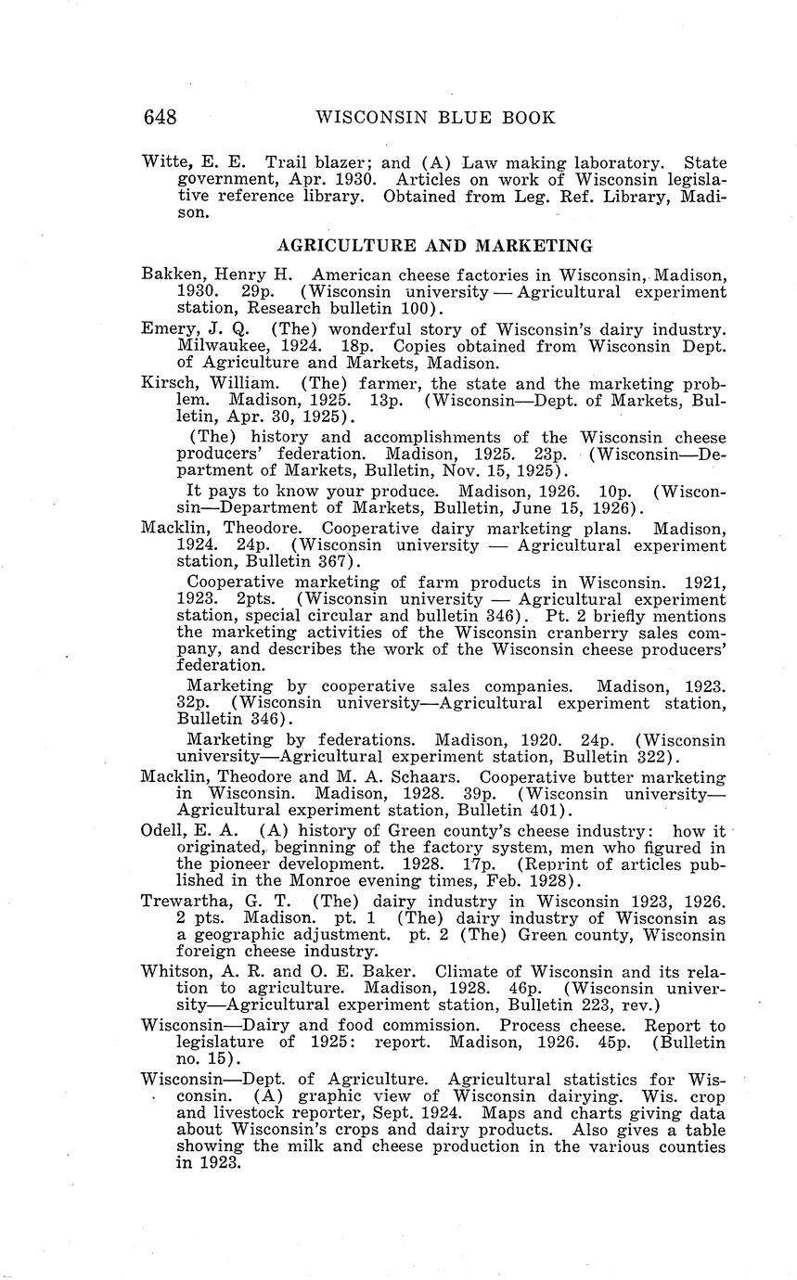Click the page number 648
click(160, 118)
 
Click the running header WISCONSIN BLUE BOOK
click(435, 118)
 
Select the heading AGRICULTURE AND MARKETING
click(435, 246)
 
